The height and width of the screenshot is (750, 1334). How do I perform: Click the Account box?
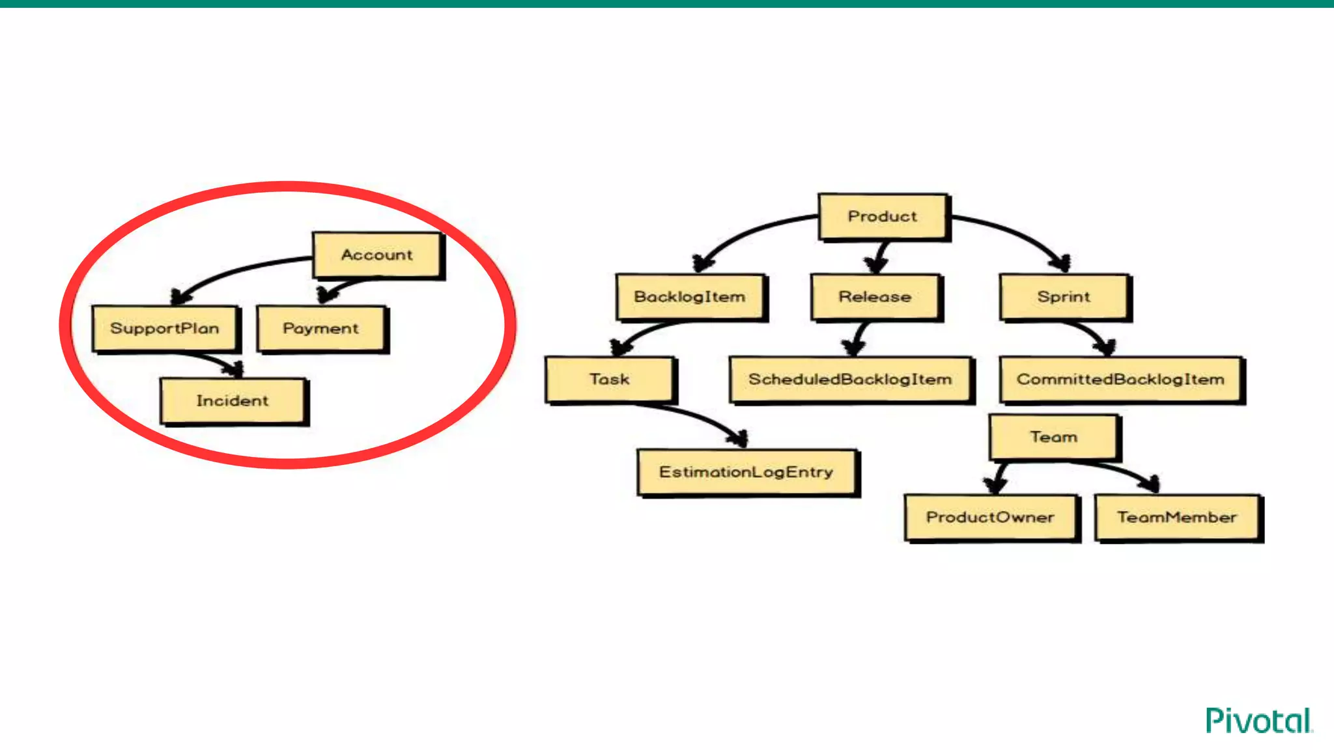pyautogui.click(x=377, y=255)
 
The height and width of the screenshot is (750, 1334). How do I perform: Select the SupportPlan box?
pyautogui.click(x=165, y=328)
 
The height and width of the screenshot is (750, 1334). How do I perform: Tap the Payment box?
pyautogui.click(x=321, y=328)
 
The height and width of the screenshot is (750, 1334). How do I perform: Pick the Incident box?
pyautogui.click(x=233, y=401)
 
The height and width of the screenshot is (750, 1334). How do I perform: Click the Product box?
pyautogui.click(x=883, y=216)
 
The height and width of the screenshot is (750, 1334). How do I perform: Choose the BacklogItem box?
pyautogui.click(x=690, y=297)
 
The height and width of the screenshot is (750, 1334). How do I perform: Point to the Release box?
pyautogui.click(x=875, y=297)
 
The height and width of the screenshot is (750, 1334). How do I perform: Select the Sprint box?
pyautogui.click(x=1064, y=297)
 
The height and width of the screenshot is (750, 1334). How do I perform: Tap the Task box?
pyautogui.click(x=609, y=379)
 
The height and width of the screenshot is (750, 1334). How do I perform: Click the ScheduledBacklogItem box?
pyautogui.click(x=850, y=379)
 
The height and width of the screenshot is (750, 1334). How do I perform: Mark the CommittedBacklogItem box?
pyautogui.click(x=1120, y=379)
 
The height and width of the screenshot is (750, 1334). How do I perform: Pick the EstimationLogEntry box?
pyautogui.click(x=746, y=472)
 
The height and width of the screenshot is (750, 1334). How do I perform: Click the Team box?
pyautogui.click(x=1053, y=437)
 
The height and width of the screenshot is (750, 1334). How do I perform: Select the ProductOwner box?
pyautogui.click(x=990, y=517)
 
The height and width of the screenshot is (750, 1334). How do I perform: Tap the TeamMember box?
pyautogui.click(x=1177, y=517)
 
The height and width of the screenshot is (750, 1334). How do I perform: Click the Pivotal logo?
pyautogui.click(x=1258, y=721)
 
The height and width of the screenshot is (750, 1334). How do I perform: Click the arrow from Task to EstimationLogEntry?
pyautogui.click(x=697, y=417)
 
